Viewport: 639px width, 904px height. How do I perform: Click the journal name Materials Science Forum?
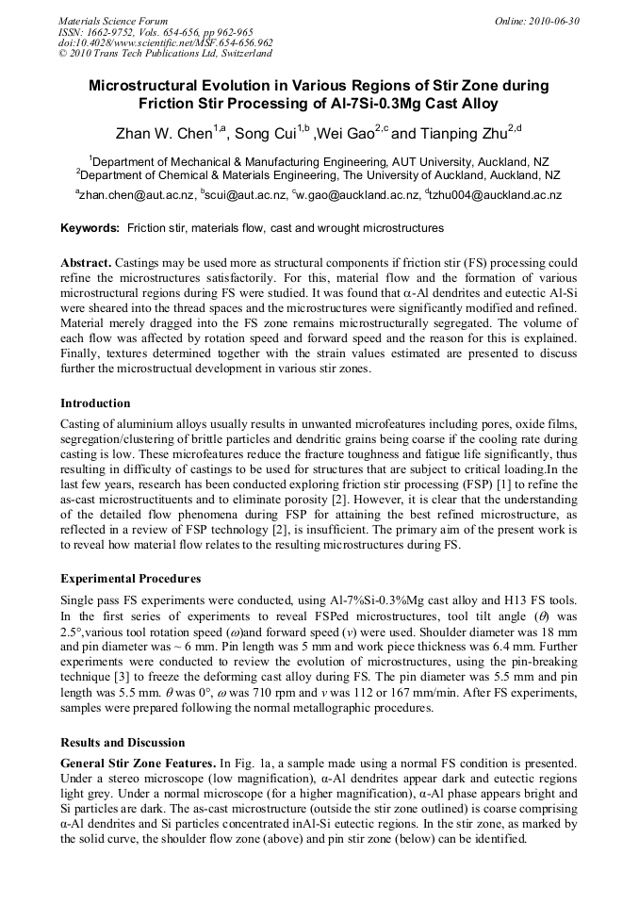coord(113,20)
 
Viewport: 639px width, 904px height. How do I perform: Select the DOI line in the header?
coord(166,42)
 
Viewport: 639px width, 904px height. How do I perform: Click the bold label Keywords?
coord(90,228)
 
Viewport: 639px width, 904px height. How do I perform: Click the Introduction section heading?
coord(95,403)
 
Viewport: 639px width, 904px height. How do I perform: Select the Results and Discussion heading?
coord(123,743)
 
